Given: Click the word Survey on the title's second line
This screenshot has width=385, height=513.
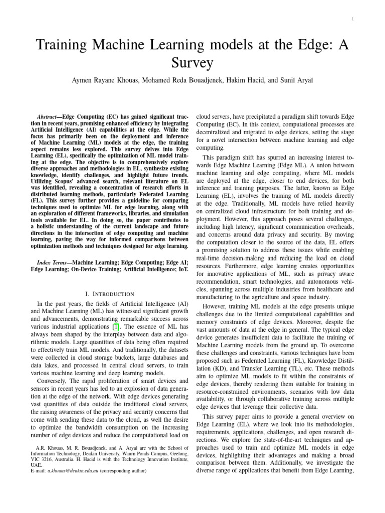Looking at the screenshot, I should coord(192,64).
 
